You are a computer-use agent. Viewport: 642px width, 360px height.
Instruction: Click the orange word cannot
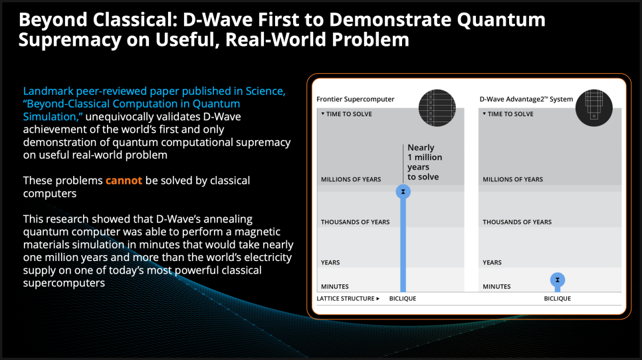pyautogui.click(x=124, y=181)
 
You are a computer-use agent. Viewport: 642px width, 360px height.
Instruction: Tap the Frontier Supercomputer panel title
pyautogui.click(x=355, y=99)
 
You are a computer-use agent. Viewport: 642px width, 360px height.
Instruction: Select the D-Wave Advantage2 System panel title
pyautogui.click(x=526, y=99)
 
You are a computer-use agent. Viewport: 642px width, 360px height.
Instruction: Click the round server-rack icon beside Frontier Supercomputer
pyautogui.click(x=437, y=108)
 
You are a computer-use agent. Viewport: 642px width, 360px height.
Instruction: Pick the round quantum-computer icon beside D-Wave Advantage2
pyautogui.click(x=593, y=108)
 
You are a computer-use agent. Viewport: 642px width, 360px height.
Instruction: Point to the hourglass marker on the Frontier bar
pyautogui.click(x=403, y=191)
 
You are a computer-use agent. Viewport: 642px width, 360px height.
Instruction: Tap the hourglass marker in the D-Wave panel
pyautogui.click(x=557, y=280)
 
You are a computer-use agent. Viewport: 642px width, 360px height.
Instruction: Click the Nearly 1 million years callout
pyautogui.click(x=425, y=162)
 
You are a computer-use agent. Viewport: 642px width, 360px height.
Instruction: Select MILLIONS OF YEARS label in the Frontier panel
pyautogui.click(x=351, y=179)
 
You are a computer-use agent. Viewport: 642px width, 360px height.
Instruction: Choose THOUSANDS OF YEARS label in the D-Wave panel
pyautogui.click(x=517, y=222)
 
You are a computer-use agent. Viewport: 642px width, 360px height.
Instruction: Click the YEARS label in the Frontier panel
pyautogui.click(x=330, y=262)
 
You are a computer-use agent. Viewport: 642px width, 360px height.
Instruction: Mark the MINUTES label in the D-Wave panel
pyautogui.click(x=496, y=286)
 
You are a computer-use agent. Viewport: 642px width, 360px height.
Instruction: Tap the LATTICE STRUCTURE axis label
pyautogui.click(x=348, y=298)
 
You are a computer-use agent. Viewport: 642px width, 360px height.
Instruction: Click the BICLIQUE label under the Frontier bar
pyautogui.click(x=403, y=298)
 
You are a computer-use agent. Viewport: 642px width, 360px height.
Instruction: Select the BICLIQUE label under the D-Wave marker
pyautogui.click(x=557, y=298)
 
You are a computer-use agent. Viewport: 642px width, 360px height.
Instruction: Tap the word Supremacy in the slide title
pyautogui.click(x=70, y=40)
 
